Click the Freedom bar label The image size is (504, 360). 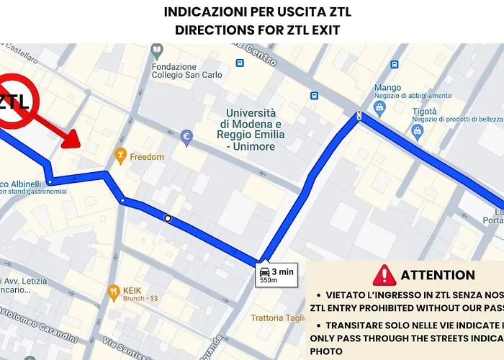tap(147, 156)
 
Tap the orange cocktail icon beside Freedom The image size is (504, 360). tap(121, 155)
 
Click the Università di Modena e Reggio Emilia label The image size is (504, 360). tap(251, 130)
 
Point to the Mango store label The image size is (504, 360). tap(387, 88)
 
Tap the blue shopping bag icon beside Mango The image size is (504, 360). tap(380, 107)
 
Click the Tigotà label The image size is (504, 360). tap(425, 112)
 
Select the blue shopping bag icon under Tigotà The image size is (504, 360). tap(417, 131)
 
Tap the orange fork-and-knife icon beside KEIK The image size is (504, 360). tap(113, 292)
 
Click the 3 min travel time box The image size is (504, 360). tap(276, 274)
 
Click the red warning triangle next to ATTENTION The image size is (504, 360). tap(385, 275)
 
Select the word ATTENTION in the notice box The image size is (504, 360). tap(438, 275)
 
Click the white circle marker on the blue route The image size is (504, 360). tap(167, 217)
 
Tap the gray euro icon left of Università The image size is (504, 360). tap(186, 135)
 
